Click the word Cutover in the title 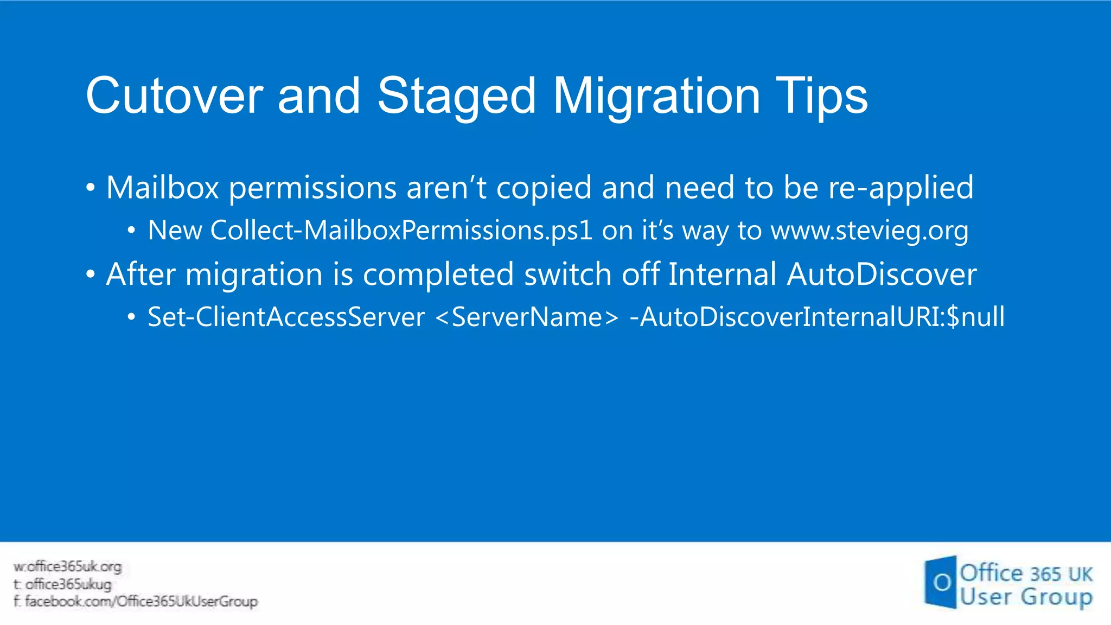pos(174,96)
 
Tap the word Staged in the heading pos(456,96)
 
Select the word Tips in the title pos(821,96)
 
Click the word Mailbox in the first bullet pos(162,188)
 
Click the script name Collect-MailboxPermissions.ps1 pos(401,231)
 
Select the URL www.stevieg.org pos(869,231)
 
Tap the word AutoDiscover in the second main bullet pos(882,274)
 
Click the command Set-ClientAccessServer pos(286,317)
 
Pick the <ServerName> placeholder pos(527,317)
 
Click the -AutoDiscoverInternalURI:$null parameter pos(817,317)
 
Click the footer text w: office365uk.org pos(68,566)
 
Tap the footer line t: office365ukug pos(63,584)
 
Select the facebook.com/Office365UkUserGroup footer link pos(136,601)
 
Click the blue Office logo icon pos(940,582)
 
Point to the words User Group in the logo pos(1025,597)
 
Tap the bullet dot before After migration pos(91,274)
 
